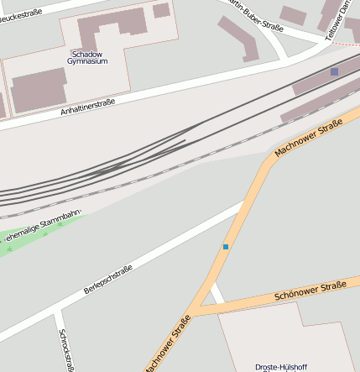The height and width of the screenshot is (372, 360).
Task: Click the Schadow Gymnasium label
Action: click(87, 57)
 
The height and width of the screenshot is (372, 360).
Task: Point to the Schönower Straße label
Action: click(310, 291)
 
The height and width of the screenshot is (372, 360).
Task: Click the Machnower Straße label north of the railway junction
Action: click(309, 139)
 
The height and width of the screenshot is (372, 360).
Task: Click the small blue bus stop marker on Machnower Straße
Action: click(225, 246)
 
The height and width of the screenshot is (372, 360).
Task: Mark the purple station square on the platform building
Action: click(334, 72)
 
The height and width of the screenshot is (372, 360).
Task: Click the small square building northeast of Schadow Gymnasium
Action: click(161, 10)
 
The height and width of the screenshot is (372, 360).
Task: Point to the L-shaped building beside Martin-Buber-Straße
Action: click(241, 38)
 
